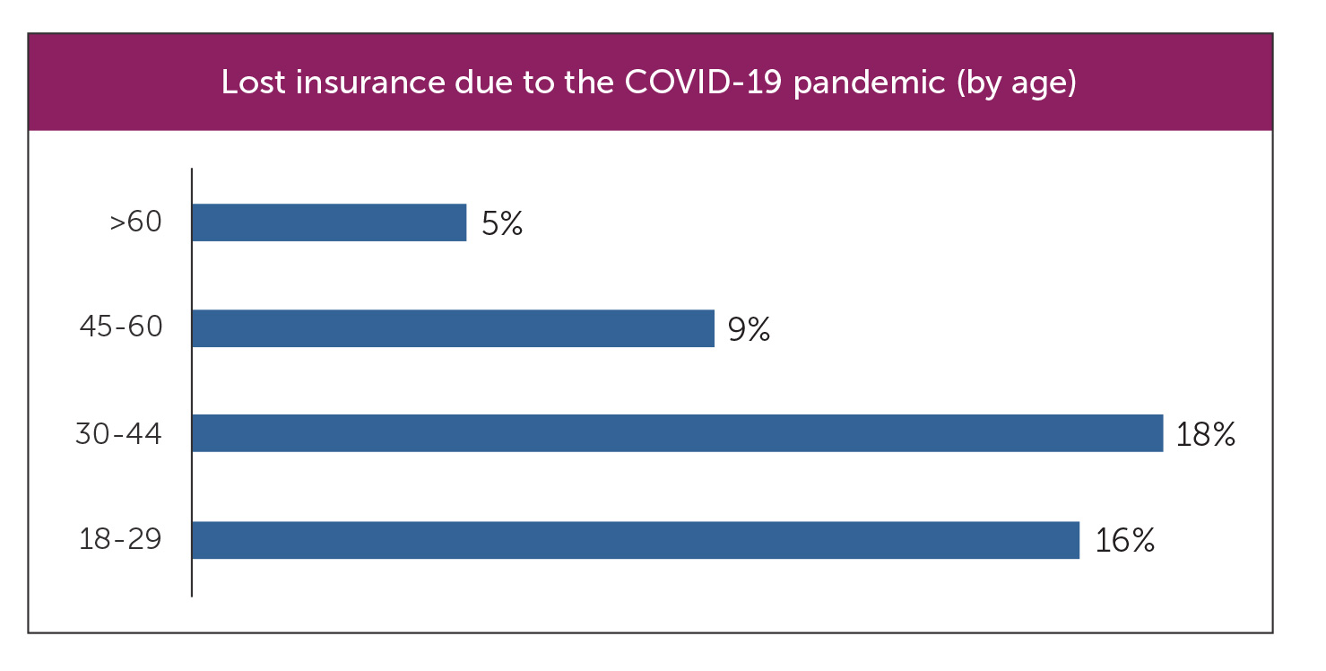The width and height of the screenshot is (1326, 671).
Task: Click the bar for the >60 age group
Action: tap(329, 222)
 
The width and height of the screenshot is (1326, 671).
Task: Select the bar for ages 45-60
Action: tap(453, 328)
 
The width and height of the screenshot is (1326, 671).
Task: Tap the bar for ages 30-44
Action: tap(677, 433)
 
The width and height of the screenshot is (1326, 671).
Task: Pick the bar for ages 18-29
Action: tap(635, 540)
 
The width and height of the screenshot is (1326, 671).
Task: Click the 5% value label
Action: tap(502, 223)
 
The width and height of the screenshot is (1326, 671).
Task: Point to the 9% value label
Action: tap(750, 329)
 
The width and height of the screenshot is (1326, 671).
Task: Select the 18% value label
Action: tap(1207, 434)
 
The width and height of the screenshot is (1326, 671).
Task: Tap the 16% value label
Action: tap(1123, 541)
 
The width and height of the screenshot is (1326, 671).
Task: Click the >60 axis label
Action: tap(135, 222)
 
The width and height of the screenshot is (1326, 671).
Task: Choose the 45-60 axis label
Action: tap(121, 328)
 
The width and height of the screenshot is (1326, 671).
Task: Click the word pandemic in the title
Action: tap(870, 84)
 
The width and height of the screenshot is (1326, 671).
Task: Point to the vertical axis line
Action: tap(192, 381)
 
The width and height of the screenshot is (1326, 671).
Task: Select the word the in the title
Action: tap(585, 83)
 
